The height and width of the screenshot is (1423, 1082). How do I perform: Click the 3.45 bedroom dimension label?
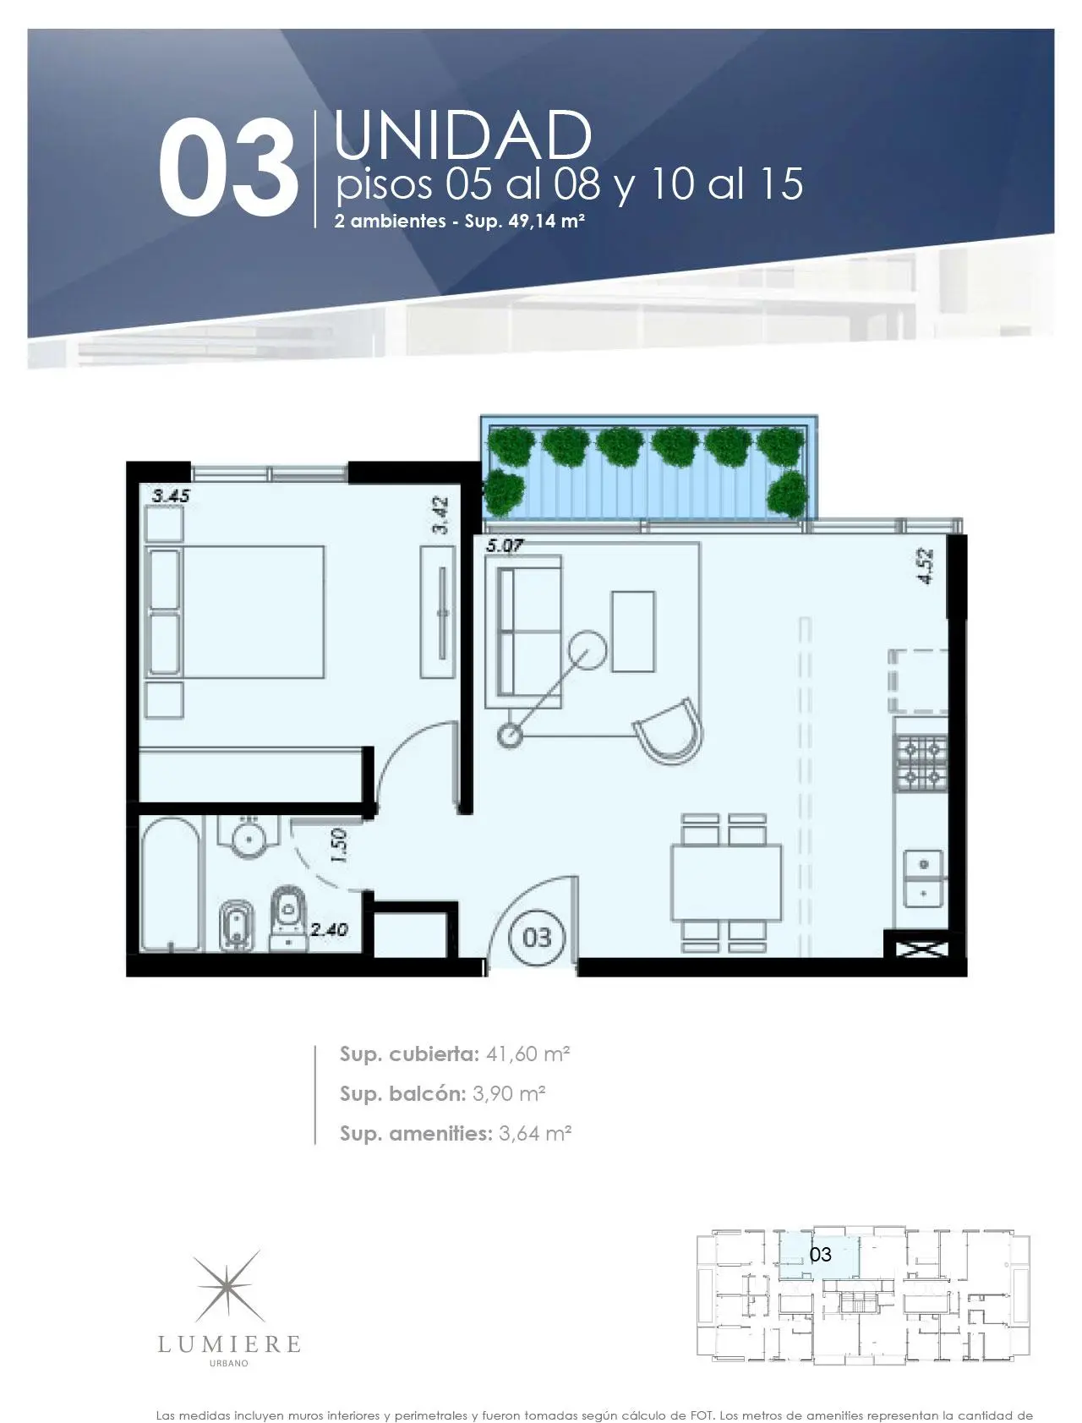pyautogui.click(x=171, y=496)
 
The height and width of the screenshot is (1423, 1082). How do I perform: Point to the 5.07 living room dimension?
pyautogui.click(x=504, y=546)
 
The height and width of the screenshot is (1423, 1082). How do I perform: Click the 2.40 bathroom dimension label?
pyautogui.click(x=329, y=930)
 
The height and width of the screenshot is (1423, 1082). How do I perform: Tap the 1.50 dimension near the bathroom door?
pyautogui.click(x=339, y=846)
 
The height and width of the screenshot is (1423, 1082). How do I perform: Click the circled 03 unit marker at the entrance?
pyautogui.click(x=537, y=938)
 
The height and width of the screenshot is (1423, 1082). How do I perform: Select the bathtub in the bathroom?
pyautogui.click(x=171, y=884)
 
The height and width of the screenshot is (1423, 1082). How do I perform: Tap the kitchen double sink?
pyautogui.click(x=924, y=878)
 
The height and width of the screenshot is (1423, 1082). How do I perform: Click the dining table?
pyautogui.click(x=727, y=883)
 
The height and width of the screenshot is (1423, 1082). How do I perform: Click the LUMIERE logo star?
pyautogui.click(x=229, y=1288)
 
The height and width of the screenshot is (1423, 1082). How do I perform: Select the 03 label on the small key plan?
pyautogui.click(x=820, y=1255)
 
